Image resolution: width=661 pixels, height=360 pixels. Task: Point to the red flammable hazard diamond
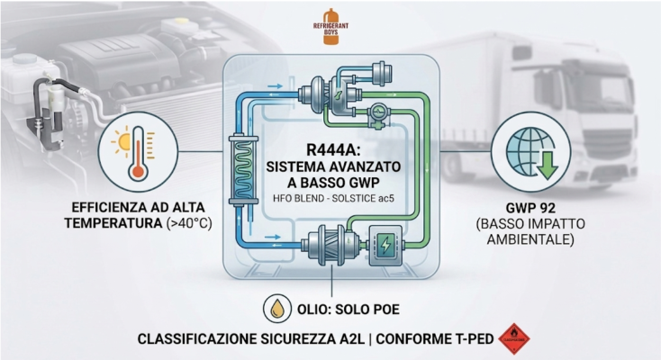tap(514, 338)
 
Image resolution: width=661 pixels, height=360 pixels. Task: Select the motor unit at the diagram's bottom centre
tap(332, 246)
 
